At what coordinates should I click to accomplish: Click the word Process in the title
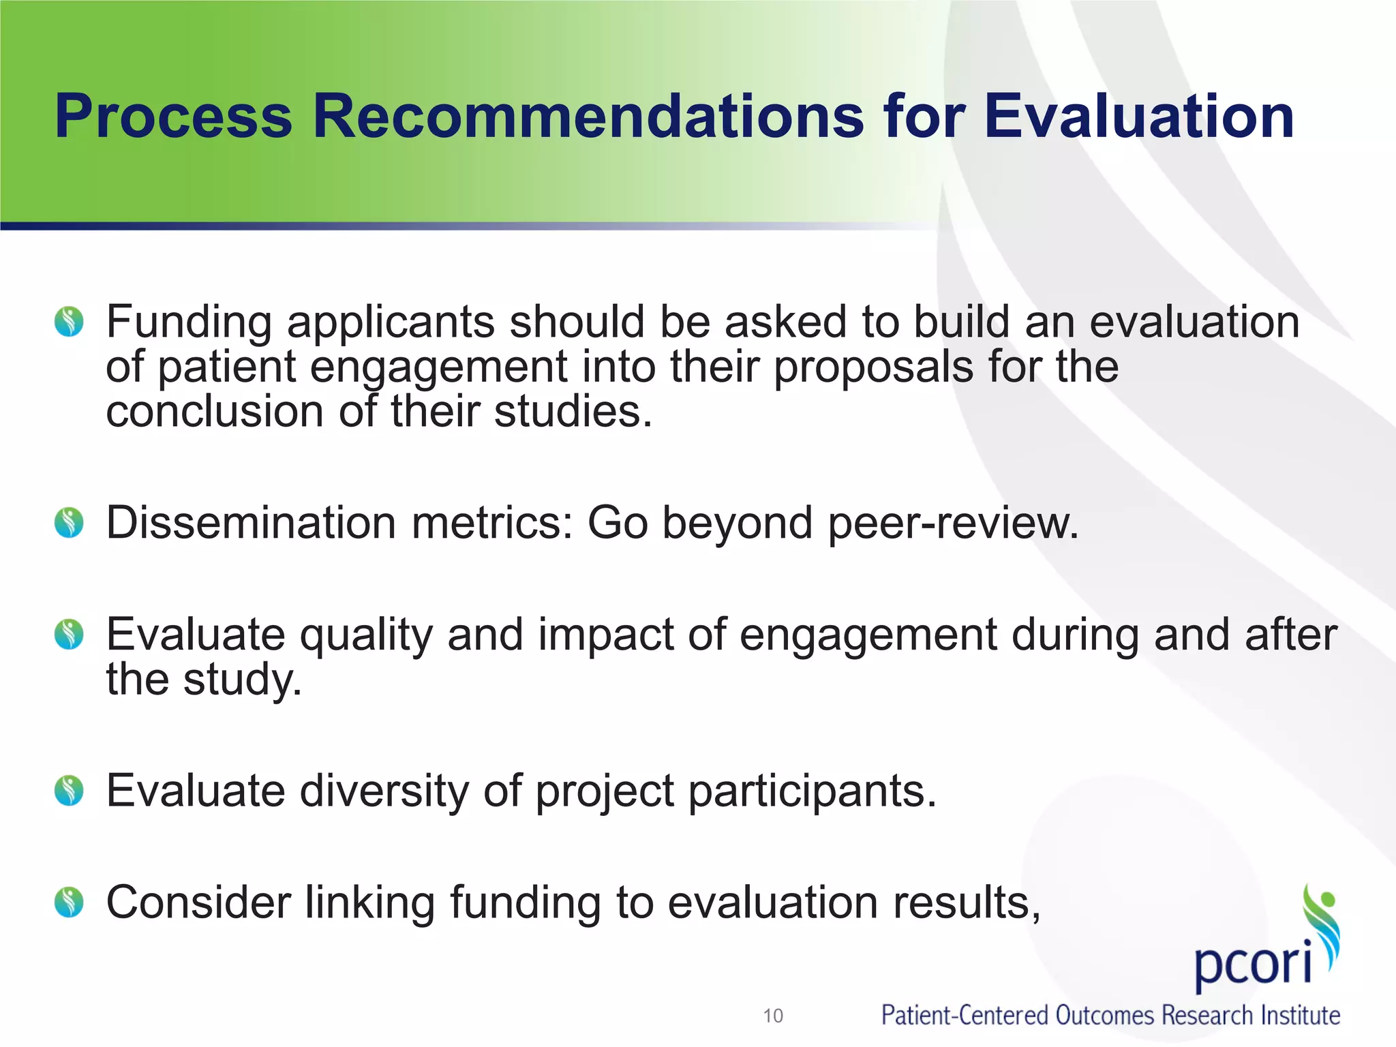point(173,117)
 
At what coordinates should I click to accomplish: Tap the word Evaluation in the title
point(1138,117)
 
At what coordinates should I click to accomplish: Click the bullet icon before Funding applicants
point(69,322)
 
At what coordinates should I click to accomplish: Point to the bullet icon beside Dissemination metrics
point(69,523)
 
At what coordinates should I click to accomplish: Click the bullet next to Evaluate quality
point(69,635)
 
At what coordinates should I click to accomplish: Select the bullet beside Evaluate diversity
point(69,791)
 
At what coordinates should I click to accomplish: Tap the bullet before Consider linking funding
point(69,902)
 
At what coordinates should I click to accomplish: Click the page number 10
point(773,1016)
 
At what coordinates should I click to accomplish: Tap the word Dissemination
point(251,523)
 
